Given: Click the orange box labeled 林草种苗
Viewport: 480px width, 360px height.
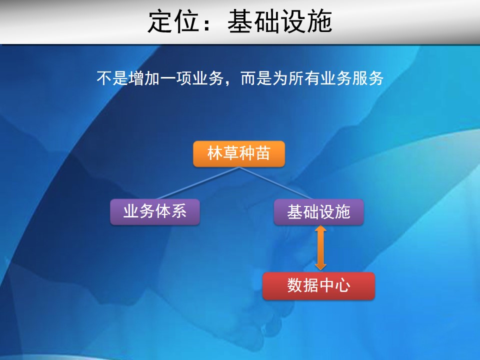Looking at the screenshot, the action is [x=239, y=153].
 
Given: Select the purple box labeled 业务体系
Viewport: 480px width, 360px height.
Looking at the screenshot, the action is [x=155, y=212].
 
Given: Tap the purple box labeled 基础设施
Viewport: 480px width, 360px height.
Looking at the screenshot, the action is [x=318, y=212].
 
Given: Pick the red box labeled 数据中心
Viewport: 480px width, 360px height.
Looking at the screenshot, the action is [x=318, y=285].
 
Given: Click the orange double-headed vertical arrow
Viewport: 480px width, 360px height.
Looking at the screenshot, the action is [x=320, y=248].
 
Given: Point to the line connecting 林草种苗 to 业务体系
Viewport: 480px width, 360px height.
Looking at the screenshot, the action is [x=198, y=183].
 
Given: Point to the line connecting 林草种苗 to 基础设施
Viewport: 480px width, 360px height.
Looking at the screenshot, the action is [x=275, y=183].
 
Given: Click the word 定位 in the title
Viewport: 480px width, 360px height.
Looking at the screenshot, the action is [x=173, y=21].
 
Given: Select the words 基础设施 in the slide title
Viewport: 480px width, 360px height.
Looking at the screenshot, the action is [x=280, y=21].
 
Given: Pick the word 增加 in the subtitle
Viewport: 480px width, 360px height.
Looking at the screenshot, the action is [x=144, y=78].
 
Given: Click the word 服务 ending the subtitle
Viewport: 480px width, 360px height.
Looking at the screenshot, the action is [x=367, y=78].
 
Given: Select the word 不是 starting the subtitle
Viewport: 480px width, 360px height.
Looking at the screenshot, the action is [x=112, y=78].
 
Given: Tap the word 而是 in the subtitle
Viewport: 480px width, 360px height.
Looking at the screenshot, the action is [x=256, y=78].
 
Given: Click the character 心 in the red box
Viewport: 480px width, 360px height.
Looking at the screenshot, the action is [x=342, y=285].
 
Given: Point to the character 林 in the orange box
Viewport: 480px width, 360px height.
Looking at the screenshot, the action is [x=215, y=153].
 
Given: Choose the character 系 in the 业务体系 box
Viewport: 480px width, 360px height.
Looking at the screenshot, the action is [x=179, y=211].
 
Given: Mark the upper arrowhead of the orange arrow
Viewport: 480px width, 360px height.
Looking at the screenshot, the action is [x=320, y=228].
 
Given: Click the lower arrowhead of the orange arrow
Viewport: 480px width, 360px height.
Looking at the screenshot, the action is [x=320, y=267].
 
